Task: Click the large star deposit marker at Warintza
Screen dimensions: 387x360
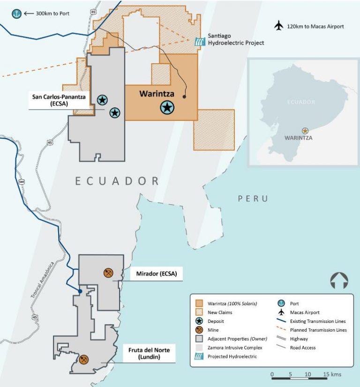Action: coord(167,108)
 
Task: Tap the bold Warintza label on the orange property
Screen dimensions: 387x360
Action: coord(157,94)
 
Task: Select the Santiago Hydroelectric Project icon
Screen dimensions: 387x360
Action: coord(200,41)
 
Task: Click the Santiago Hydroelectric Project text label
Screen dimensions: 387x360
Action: coord(236,39)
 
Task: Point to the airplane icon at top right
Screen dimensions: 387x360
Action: coord(279,26)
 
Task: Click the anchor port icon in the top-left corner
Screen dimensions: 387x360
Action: coord(17,14)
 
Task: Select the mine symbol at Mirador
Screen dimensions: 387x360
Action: coord(108,273)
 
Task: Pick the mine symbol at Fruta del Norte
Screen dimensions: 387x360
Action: coord(84,359)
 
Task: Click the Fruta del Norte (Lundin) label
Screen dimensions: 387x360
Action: coord(150,354)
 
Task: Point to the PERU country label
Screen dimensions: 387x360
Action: coord(253,199)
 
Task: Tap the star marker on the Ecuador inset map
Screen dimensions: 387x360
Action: coord(305,131)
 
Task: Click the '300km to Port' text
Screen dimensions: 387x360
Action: coord(52,14)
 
